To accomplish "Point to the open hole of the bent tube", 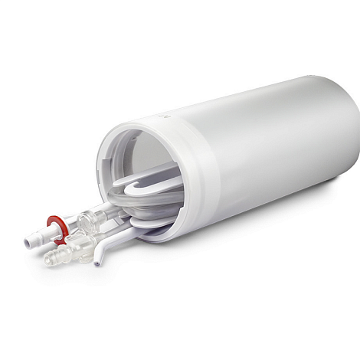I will [x=97, y=264].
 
